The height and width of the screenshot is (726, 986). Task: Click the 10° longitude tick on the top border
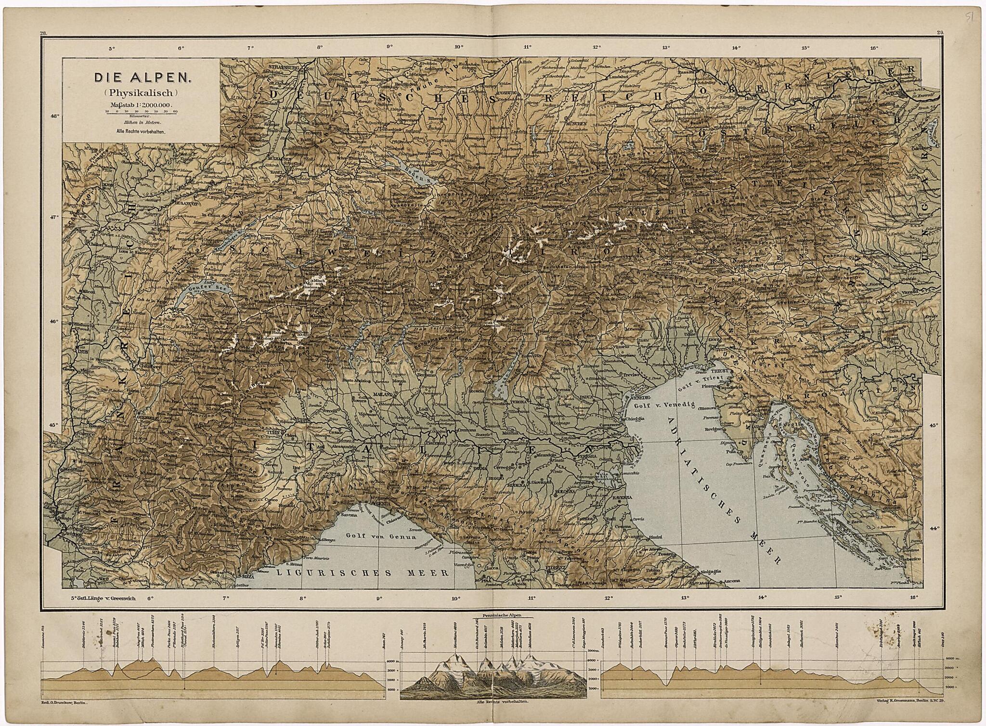(458, 47)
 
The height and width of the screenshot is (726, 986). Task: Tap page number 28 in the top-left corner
(44, 33)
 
